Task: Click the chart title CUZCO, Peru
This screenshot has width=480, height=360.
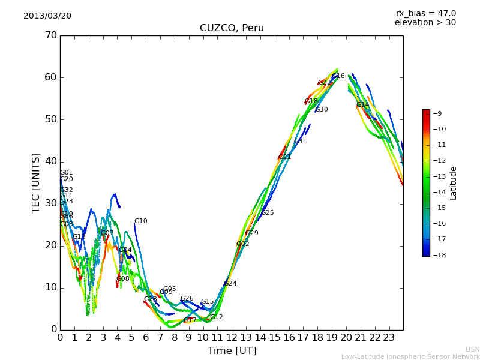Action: (232, 28)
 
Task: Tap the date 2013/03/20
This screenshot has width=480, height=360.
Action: (47, 16)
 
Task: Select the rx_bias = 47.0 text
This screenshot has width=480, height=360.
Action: (425, 13)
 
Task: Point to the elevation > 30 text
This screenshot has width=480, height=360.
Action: (425, 23)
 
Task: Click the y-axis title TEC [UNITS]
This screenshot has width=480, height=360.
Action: (36, 182)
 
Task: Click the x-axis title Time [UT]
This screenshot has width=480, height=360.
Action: (232, 350)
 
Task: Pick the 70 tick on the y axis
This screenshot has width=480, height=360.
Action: (50, 35)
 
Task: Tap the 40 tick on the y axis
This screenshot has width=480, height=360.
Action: (50, 161)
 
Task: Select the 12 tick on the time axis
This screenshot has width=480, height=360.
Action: (232, 337)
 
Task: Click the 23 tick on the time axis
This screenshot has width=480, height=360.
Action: (389, 337)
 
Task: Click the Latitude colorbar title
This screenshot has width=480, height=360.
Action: (454, 183)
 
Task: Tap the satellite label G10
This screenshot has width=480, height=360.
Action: (140, 221)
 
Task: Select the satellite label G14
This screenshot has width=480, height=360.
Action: (363, 105)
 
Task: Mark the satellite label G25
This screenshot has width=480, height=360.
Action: (267, 213)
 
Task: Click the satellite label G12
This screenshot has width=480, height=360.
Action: (216, 317)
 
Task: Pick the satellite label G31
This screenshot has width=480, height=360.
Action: (300, 142)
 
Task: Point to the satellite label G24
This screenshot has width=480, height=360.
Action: (230, 284)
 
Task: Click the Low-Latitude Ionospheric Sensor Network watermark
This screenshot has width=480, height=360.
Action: (410, 356)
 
